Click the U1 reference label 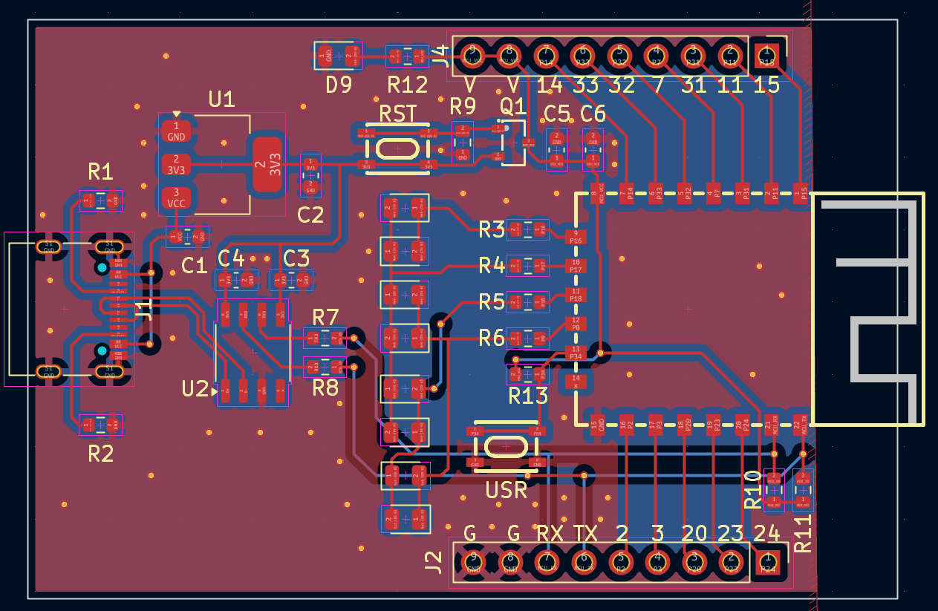pos(221,99)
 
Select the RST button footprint pos(397,149)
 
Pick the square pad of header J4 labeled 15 pos(767,55)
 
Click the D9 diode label pos(339,85)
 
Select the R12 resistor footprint pos(407,56)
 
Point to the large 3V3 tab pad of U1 pos(267,164)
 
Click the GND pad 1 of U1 pos(176,132)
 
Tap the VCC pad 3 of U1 pos(176,198)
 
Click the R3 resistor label pos(492,229)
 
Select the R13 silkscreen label pos(528,396)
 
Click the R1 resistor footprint pos(100,200)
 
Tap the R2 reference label pos(100,453)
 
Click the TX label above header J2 pos(586,533)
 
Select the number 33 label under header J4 pos(585,85)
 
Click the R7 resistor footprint pos(325,338)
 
